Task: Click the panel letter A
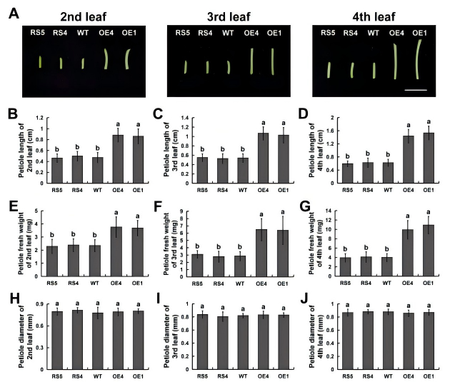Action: point(13,14)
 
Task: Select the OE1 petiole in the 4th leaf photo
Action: point(419,60)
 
